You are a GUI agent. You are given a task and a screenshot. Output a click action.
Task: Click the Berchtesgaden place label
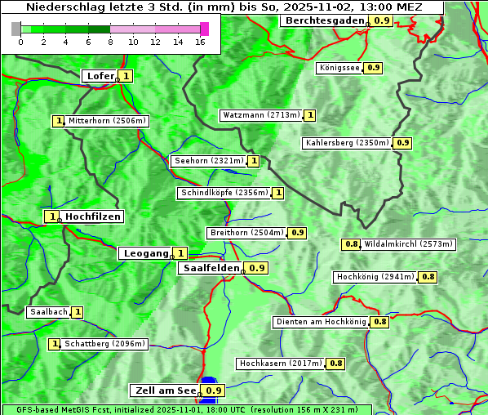coord(324,20)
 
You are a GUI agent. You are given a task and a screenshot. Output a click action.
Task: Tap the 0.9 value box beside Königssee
coord(373,68)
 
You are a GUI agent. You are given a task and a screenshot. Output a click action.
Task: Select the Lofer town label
coord(100,76)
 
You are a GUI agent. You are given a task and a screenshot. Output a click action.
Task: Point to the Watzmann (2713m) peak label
coord(261,115)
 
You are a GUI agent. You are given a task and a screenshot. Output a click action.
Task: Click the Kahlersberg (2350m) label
coord(347,143)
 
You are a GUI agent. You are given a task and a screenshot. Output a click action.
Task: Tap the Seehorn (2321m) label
coord(209,161)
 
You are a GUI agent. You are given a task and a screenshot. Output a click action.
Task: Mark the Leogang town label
coord(145,253)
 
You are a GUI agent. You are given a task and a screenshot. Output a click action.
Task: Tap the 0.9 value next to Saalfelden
coord(257,268)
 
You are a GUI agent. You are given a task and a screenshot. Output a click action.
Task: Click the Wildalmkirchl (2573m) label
coord(408,243)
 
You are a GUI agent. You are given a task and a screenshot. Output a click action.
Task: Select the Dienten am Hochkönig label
coord(321,322)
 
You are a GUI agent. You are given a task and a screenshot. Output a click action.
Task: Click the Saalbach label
coord(48,312)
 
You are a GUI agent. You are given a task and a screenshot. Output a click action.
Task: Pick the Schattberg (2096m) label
coord(105,344)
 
